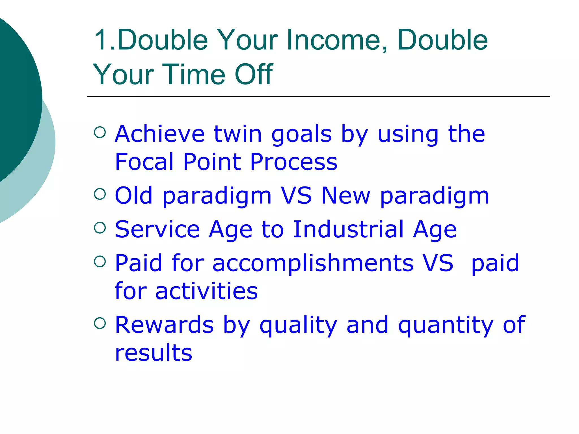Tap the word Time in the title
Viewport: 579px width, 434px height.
(x=194, y=74)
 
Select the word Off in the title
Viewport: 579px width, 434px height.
(x=254, y=74)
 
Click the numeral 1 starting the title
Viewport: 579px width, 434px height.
(x=101, y=40)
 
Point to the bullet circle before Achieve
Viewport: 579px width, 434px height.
(x=100, y=132)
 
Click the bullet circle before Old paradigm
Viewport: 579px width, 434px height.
(x=100, y=194)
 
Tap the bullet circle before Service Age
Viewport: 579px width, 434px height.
(x=100, y=227)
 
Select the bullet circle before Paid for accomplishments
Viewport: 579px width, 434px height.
(x=100, y=261)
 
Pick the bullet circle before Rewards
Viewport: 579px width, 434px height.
(x=100, y=323)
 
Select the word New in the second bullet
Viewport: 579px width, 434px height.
(x=345, y=196)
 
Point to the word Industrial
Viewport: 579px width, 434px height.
(x=348, y=229)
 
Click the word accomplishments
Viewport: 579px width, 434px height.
(x=313, y=263)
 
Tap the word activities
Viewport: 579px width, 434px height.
(x=206, y=291)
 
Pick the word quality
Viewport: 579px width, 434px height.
(x=298, y=325)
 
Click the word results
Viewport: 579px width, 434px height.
(x=154, y=353)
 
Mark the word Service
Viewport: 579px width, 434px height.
(x=157, y=229)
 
